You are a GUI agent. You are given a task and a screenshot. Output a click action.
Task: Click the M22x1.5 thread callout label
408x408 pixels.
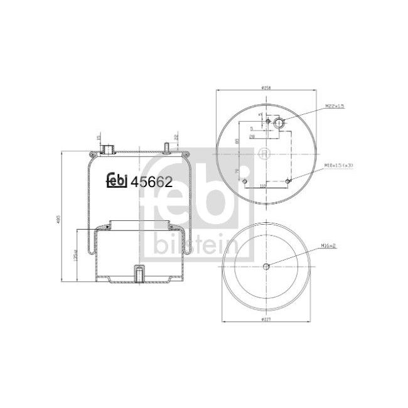point(335,107)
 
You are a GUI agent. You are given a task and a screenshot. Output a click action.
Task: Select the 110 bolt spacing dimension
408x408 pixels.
point(263,186)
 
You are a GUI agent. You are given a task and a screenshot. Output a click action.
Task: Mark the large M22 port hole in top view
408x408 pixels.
point(279,124)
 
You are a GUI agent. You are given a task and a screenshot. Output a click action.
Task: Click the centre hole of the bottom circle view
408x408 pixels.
point(266,266)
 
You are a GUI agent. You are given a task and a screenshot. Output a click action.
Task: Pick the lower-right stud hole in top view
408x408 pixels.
point(287,181)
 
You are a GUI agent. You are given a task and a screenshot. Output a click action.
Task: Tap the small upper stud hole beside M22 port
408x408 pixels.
point(267,121)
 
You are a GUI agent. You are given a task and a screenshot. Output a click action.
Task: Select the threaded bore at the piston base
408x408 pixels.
point(138,274)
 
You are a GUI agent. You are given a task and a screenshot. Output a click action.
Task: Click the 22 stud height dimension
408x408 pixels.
point(176,137)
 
